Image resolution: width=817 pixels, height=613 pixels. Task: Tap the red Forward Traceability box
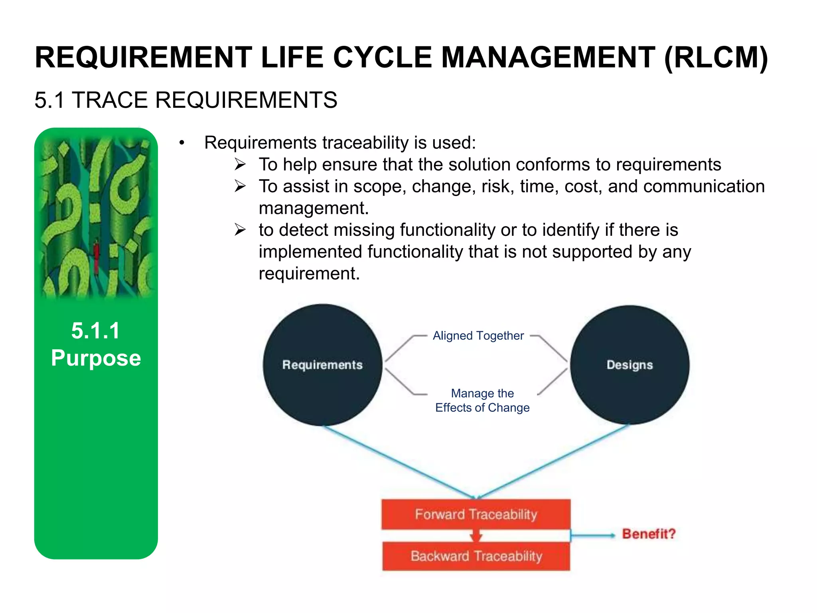click(x=476, y=514)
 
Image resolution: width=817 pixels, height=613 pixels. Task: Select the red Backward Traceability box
click(x=476, y=556)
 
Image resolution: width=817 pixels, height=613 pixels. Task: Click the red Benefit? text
click(x=649, y=534)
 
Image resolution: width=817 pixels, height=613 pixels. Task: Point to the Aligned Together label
click(x=478, y=336)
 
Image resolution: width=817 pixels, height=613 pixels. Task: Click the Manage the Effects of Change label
click(x=482, y=400)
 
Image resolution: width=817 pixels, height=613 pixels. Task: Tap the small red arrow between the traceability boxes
click(x=476, y=536)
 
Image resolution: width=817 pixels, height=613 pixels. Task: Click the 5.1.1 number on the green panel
click(x=96, y=330)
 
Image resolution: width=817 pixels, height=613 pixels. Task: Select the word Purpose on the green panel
click(x=96, y=358)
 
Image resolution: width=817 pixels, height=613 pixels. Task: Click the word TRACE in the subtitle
click(x=109, y=100)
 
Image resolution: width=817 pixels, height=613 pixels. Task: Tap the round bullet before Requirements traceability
click(x=182, y=143)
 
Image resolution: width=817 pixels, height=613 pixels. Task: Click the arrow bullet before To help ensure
click(x=240, y=164)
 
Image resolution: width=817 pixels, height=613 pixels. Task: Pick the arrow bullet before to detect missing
click(x=240, y=230)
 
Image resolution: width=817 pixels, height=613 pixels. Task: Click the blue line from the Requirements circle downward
click(x=399, y=462)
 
